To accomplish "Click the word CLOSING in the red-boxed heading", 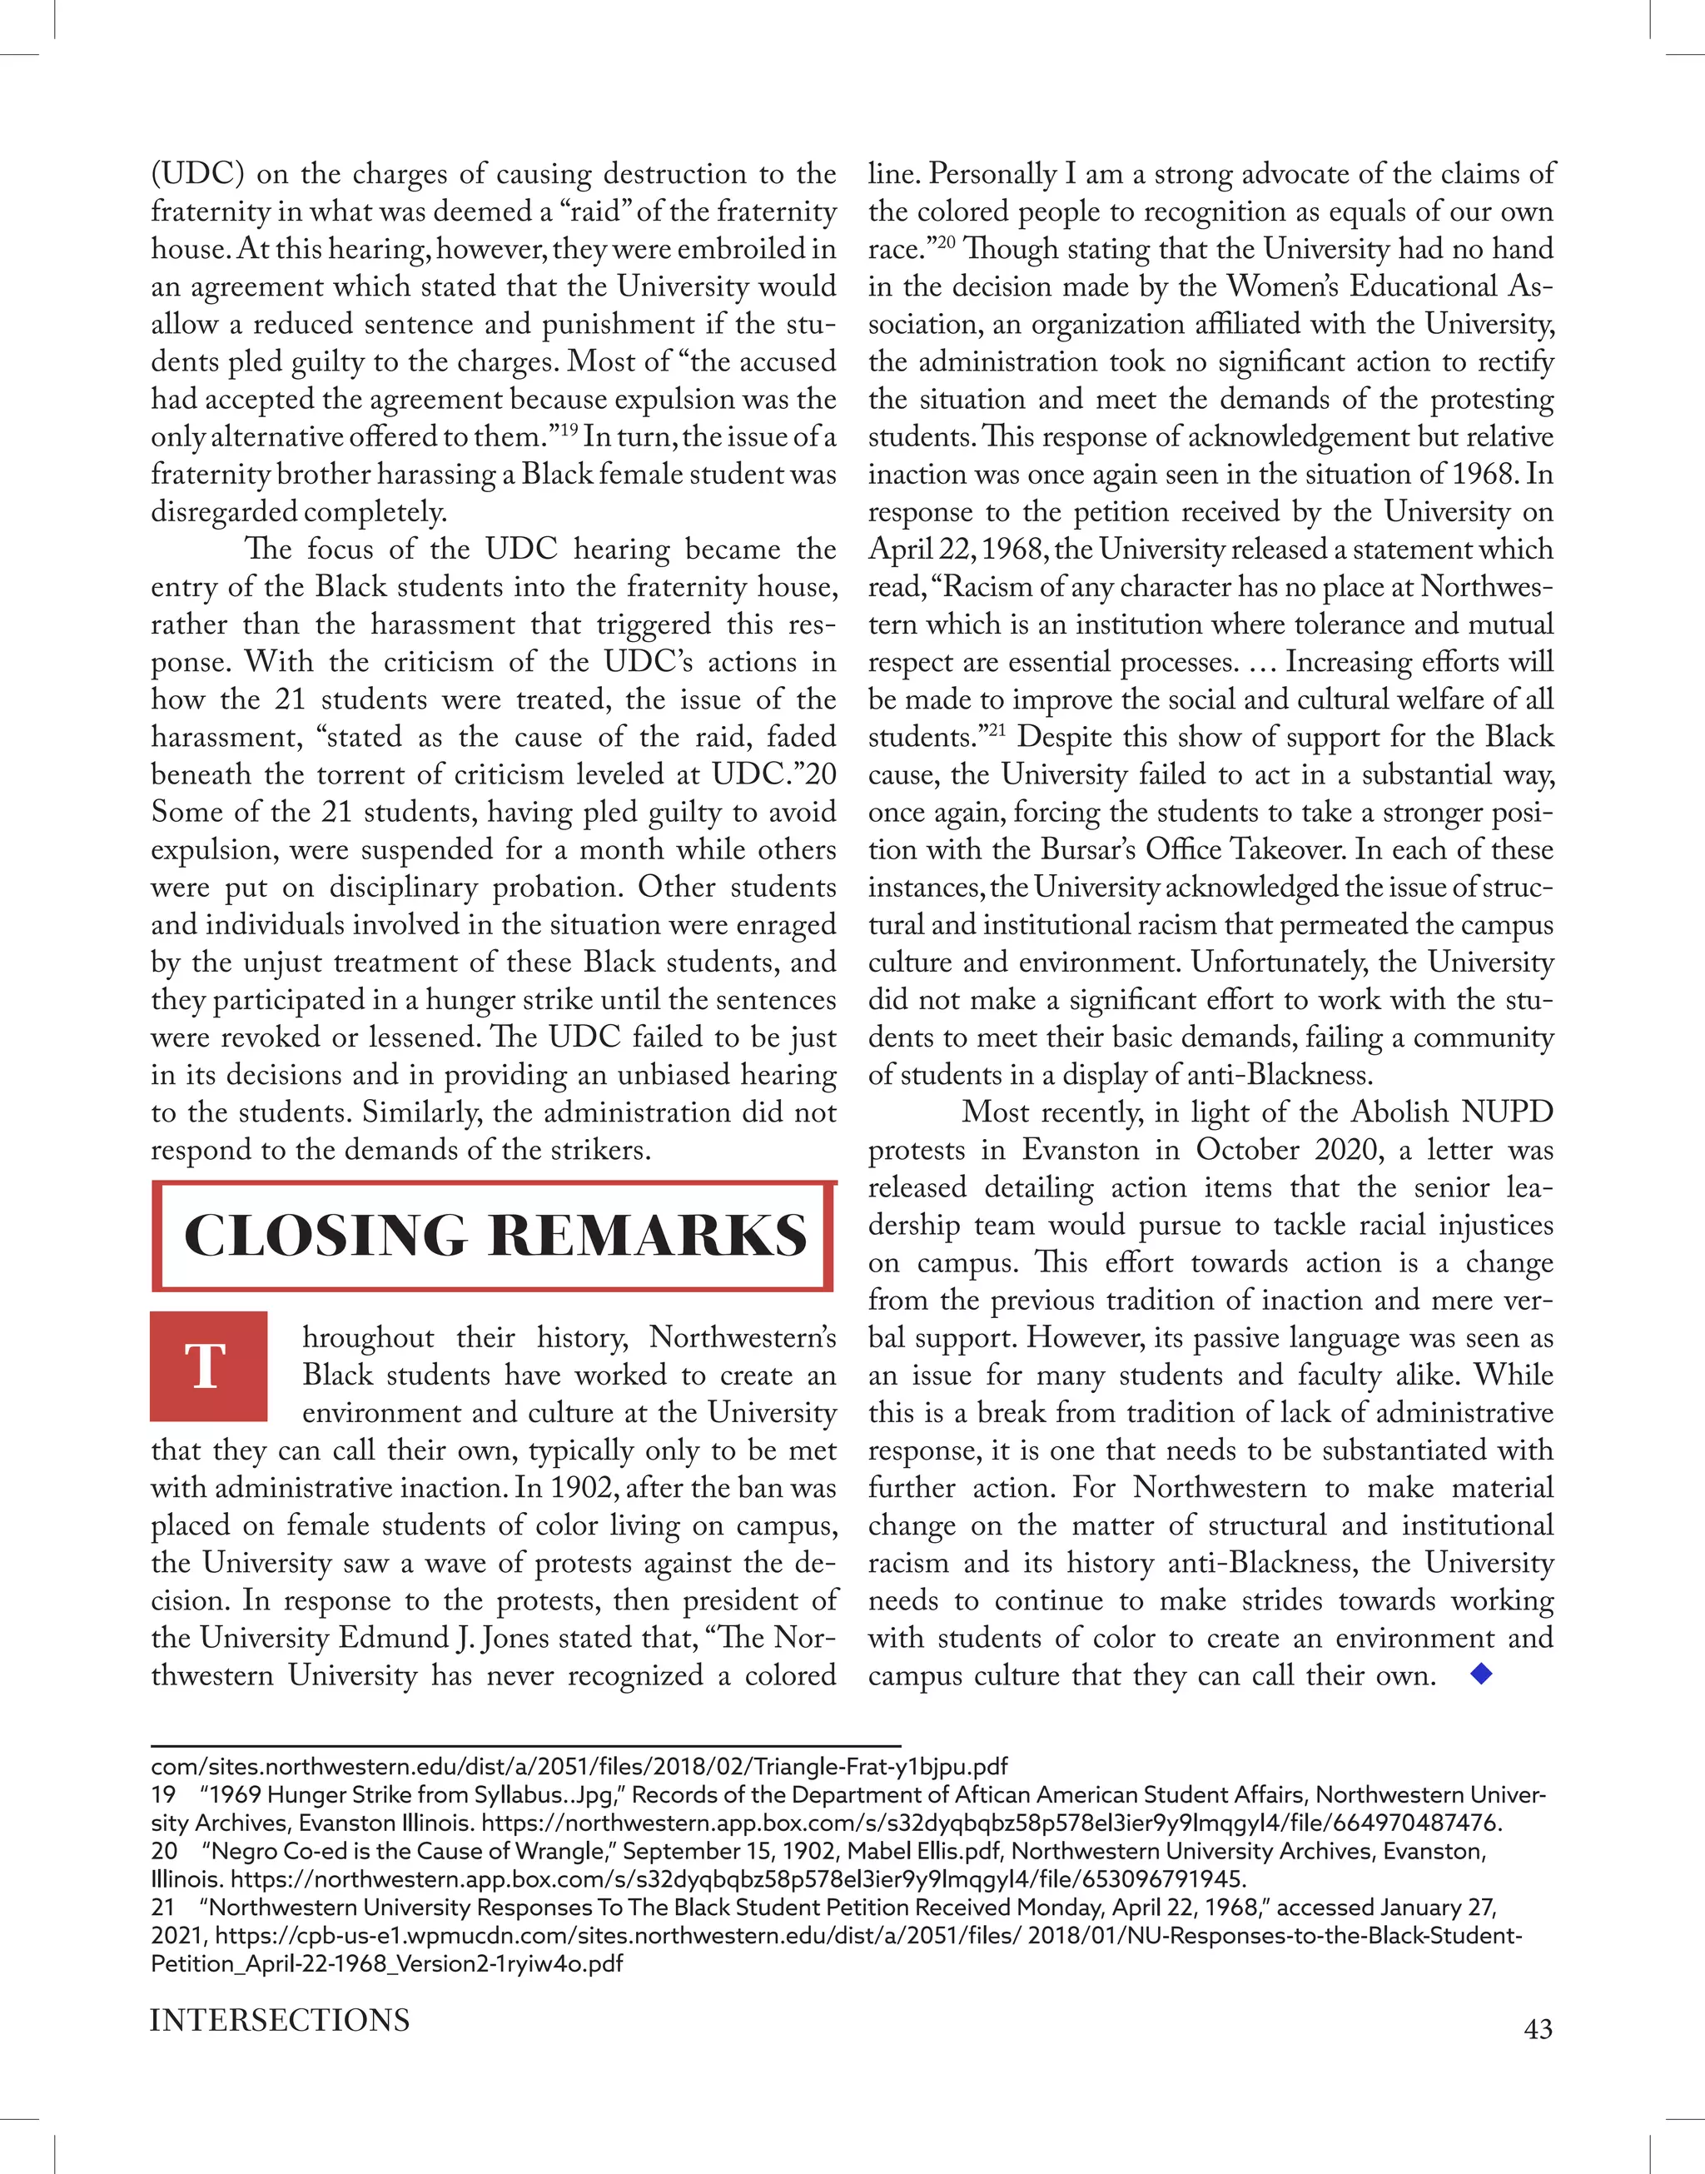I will (325, 1236).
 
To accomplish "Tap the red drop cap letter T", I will (207, 1366).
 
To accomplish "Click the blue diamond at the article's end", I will (1481, 1674).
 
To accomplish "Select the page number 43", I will (1538, 2029).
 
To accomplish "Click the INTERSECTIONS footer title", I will (280, 2020).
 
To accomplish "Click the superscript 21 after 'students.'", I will (994, 729).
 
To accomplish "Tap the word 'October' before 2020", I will (1249, 1150).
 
